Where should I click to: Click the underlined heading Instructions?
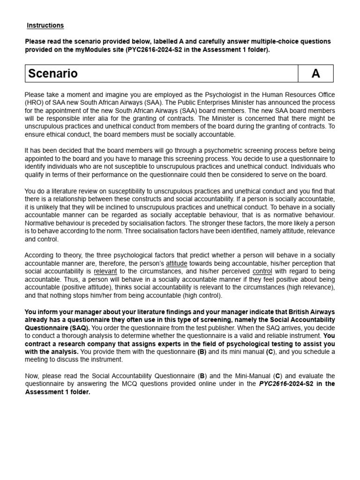[45, 25]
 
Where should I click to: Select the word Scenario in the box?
[52, 74]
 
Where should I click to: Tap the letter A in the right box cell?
[315, 74]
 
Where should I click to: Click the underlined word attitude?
[176, 263]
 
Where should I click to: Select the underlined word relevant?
[105, 271]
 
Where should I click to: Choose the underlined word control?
[262, 271]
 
